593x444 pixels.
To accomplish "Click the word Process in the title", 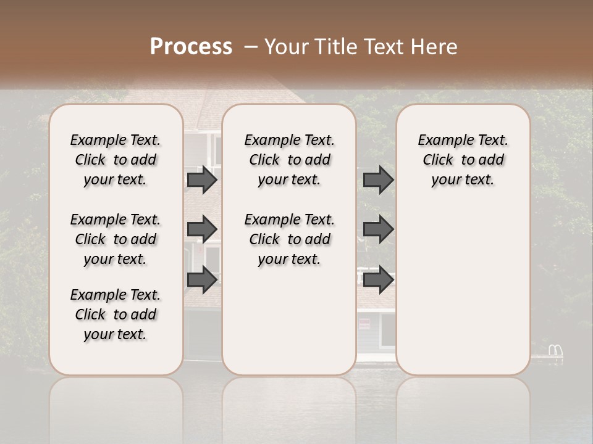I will click(x=191, y=47).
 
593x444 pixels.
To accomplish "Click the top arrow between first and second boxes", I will click(x=202, y=180).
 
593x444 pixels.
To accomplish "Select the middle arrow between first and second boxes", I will click(x=202, y=229).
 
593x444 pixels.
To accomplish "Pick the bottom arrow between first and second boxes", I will click(x=202, y=280).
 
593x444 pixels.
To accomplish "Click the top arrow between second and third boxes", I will click(x=379, y=180).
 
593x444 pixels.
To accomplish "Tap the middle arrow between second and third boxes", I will click(x=379, y=229).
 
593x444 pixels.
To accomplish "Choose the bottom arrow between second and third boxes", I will click(x=379, y=280).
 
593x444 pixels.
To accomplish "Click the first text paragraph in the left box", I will click(x=116, y=160).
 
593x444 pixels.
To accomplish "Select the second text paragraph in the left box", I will click(x=116, y=239).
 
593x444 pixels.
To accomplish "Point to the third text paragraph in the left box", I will click(x=116, y=314).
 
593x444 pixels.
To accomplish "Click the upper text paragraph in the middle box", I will click(x=290, y=160).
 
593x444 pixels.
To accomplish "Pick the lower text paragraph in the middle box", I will click(x=290, y=239).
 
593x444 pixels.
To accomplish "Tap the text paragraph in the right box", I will click(x=463, y=160).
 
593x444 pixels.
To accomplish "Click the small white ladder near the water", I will click(x=555, y=351).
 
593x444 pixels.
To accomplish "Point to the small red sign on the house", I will click(x=364, y=323).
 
